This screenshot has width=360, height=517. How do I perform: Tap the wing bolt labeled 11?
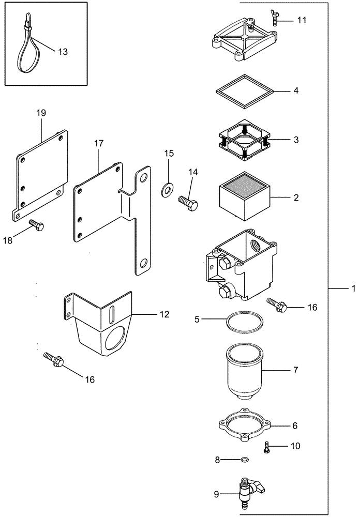point(273,18)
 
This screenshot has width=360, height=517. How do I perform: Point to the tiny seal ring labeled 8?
point(245,459)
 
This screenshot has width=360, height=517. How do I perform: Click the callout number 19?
point(41,112)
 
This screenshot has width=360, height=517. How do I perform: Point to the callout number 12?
point(164,313)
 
